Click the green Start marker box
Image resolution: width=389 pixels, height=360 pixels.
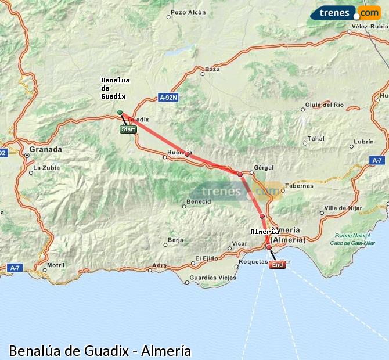pos(128,129)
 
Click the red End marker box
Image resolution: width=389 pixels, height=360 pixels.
pos(278,265)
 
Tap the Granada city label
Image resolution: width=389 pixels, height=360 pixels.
pos(46,149)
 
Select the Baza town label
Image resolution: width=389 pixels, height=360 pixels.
pos(213,69)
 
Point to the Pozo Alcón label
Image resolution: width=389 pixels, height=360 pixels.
pos(189,12)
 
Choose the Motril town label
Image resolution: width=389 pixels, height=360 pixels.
pos(56,265)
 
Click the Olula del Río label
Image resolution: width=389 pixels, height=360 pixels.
pos(325,105)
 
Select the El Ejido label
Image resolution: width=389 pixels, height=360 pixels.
pos(207,258)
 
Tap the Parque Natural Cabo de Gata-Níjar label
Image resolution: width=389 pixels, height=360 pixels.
pos(352,239)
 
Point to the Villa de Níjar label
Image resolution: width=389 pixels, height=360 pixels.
pos(342,207)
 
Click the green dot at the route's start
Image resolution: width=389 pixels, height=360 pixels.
pos(120,112)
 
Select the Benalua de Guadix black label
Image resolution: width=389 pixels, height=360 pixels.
pos(115,88)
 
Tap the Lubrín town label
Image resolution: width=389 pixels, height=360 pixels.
pos(363,142)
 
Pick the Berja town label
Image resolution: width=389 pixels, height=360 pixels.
pos(175,239)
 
